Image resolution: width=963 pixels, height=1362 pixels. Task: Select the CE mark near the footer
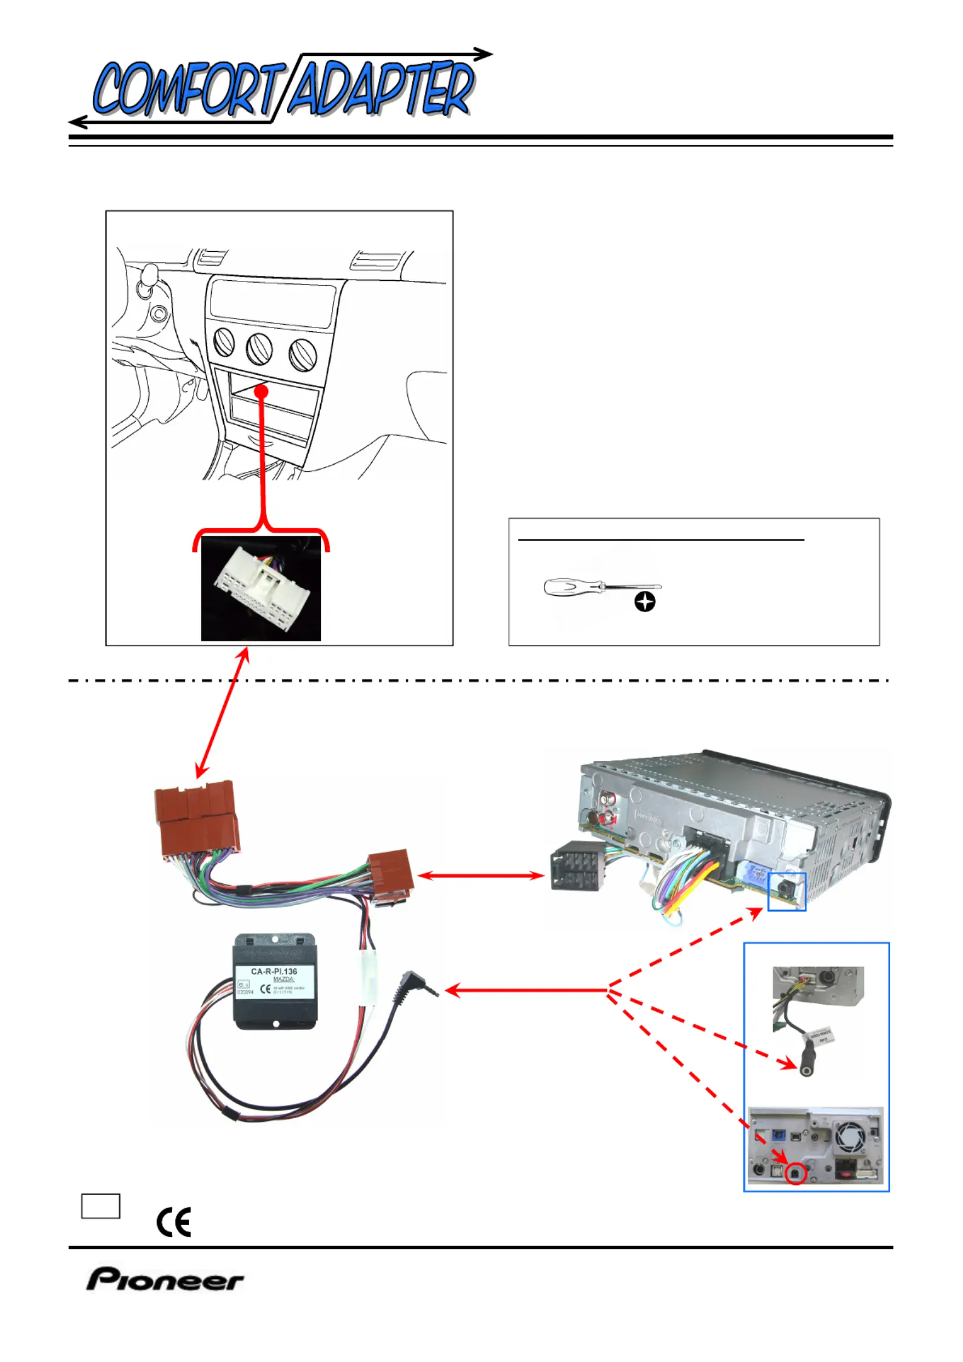tap(174, 1221)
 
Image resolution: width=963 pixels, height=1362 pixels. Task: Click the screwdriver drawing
tap(600, 587)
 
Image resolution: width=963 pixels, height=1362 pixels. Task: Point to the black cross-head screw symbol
tap(645, 602)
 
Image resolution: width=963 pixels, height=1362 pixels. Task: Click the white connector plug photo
tap(261, 588)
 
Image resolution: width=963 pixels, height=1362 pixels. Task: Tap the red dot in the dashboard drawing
tap(261, 391)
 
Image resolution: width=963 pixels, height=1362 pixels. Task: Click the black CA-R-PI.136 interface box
tap(275, 982)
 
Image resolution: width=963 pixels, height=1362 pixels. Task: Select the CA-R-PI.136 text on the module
tap(274, 971)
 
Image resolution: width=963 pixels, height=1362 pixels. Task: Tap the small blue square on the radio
tap(787, 892)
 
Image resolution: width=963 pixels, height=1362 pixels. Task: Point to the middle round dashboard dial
tap(259, 349)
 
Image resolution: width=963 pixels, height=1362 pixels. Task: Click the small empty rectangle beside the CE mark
tap(101, 1205)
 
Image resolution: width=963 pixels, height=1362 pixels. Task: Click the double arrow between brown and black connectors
tap(481, 875)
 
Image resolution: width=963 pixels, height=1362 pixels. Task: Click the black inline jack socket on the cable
tap(807, 1059)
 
